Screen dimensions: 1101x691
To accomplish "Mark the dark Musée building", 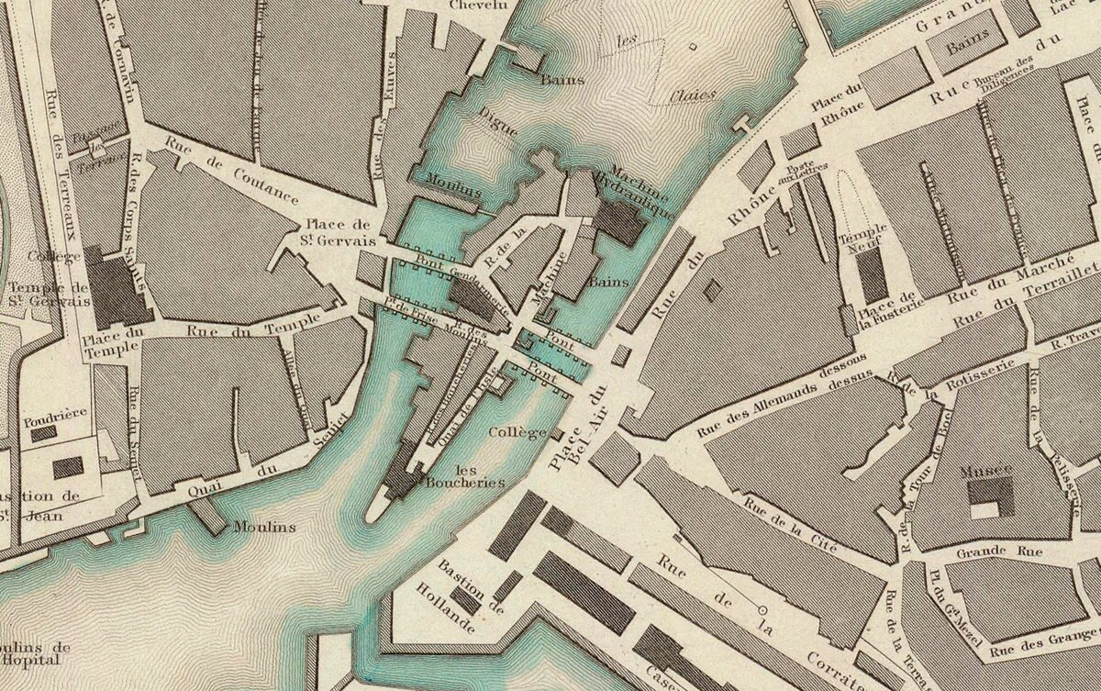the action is tap(990, 496).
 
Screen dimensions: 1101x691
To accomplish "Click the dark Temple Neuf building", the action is tap(872, 275).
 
